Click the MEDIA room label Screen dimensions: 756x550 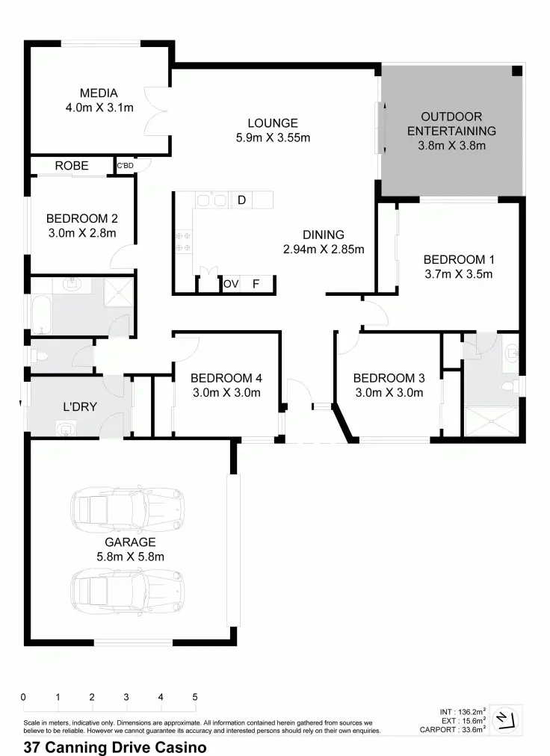coord(99,93)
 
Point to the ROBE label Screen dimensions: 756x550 coord(72,165)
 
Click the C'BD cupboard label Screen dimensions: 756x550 coord(125,166)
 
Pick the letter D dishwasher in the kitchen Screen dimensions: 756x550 coord(241,199)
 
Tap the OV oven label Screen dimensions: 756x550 coord(231,284)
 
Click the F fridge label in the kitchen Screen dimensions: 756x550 coord(256,284)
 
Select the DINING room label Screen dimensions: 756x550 coord(323,235)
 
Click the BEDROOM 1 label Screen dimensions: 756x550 coord(458,259)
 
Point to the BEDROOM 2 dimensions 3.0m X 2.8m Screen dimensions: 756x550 coord(81,233)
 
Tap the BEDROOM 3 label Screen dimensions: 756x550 coord(388,377)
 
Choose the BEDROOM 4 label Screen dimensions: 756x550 coord(226,377)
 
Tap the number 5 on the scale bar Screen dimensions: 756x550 coord(195,697)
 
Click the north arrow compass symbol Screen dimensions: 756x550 coord(507,719)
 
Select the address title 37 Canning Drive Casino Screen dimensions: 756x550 coord(115,746)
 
